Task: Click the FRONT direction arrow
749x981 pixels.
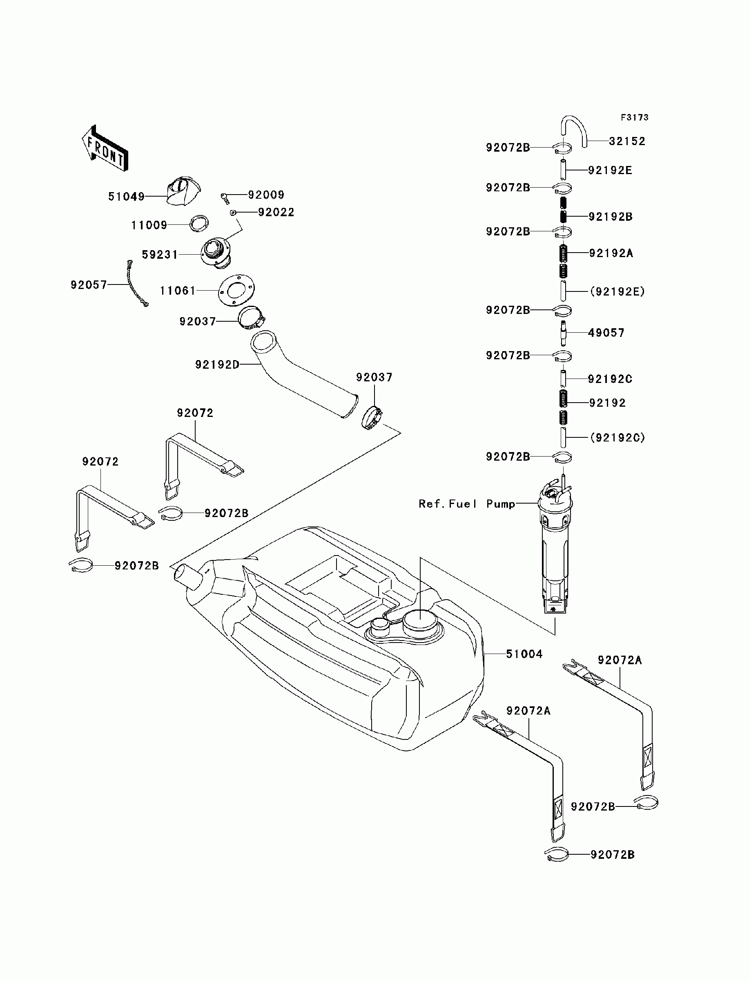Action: (x=105, y=148)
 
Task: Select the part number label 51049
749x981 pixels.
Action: (x=127, y=197)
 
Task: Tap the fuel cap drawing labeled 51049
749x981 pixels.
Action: (x=184, y=191)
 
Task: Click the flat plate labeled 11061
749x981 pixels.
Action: (x=236, y=291)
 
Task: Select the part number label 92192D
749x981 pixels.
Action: (x=217, y=365)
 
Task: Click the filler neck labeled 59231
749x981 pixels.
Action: (x=215, y=254)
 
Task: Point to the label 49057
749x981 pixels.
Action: (x=606, y=333)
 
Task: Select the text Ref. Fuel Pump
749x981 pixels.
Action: (x=467, y=504)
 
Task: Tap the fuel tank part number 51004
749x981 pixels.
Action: (x=524, y=654)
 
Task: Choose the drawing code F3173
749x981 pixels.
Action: (x=635, y=117)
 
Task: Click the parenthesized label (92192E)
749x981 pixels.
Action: (x=617, y=292)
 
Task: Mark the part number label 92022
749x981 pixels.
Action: (x=276, y=213)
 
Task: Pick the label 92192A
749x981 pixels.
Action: (x=611, y=253)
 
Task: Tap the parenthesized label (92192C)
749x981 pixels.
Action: (x=617, y=438)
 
